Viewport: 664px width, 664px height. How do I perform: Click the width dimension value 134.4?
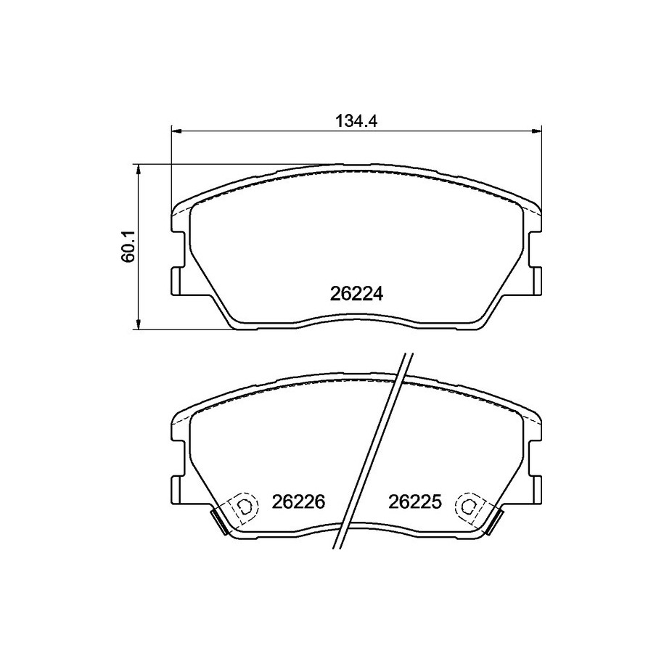[x=356, y=121]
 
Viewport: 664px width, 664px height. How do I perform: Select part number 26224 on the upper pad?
[x=356, y=294]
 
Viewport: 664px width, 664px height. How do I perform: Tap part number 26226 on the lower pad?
[x=298, y=502]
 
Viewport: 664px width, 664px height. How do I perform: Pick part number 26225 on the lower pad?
[x=415, y=502]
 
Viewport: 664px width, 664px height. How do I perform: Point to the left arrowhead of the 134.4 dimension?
[x=176, y=131]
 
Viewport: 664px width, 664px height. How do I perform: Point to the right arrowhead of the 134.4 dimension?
[x=536, y=131]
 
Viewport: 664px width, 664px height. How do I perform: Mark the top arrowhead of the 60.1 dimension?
[x=137, y=169]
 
